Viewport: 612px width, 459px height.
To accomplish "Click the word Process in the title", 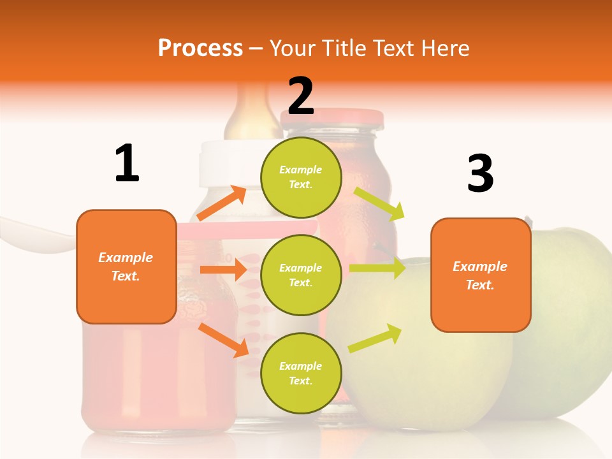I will click(200, 48).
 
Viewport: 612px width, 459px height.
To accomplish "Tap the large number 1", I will click(127, 163).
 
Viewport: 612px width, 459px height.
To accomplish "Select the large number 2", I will click(301, 96).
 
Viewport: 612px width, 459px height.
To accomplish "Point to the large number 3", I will click(480, 173).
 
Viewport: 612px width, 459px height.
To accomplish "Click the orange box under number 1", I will click(126, 266).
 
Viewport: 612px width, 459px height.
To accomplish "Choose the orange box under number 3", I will click(481, 275).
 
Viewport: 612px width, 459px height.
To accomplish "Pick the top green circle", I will click(301, 177).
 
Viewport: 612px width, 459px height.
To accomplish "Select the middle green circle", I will click(301, 275).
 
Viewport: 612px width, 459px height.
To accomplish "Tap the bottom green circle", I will click(301, 373).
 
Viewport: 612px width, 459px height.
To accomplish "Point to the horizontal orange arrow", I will click(223, 270).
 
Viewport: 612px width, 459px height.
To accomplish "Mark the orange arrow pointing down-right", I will click(223, 339).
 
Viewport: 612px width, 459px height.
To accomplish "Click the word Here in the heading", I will click(446, 48).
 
